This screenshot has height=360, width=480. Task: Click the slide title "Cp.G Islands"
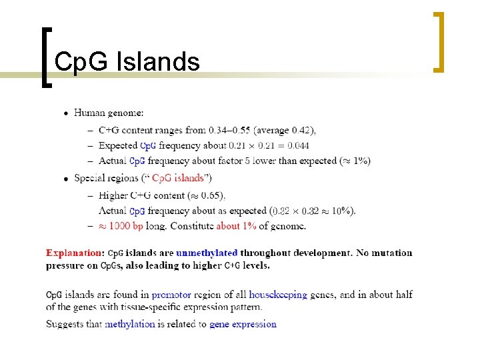tap(127, 62)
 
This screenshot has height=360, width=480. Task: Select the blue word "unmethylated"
tap(207, 253)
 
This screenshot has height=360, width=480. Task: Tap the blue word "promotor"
tap(171, 295)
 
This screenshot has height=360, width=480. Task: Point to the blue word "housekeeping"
tap(278, 295)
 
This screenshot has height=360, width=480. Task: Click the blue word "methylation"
tap(130, 324)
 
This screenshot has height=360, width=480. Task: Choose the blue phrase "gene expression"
tap(243, 324)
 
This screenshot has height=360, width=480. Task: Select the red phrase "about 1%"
tap(236, 226)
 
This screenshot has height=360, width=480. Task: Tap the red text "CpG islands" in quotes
tap(178, 178)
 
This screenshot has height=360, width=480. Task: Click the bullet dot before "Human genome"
tap(65, 113)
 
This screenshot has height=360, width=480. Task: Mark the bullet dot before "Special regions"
tap(65, 179)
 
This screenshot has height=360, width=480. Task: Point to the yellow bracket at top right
tap(438, 41)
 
